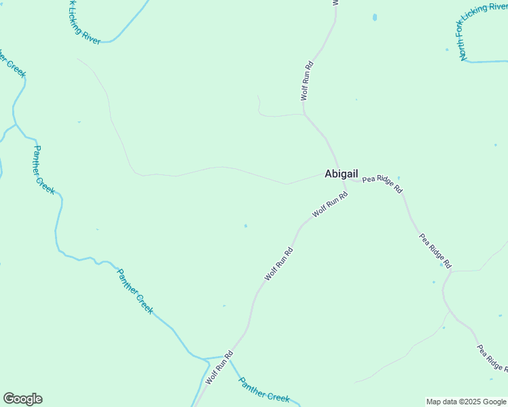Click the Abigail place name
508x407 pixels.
click(341, 174)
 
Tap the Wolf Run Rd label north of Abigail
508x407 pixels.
click(307, 81)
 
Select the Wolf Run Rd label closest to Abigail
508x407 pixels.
click(330, 204)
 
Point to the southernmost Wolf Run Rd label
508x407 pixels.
click(219, 368)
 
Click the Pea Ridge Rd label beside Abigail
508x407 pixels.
click(382, 185)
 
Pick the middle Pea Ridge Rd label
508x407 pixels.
click(435, 250)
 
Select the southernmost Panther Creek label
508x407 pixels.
click(264, 389)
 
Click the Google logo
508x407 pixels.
click(22, 399)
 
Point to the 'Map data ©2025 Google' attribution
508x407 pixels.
click(466, 402)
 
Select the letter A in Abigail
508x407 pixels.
click(329, 174)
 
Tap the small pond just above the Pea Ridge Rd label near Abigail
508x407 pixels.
click(399, 178)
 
